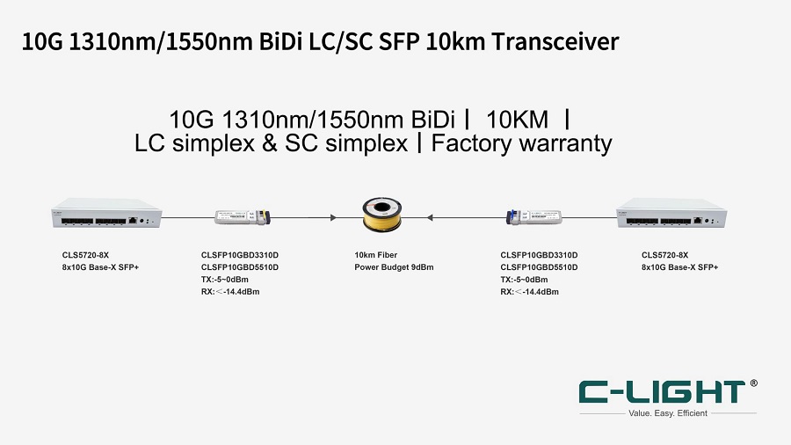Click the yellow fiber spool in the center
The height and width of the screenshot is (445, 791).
382,216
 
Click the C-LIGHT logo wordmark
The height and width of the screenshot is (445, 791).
662,392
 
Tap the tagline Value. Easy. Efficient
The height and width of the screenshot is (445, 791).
668,412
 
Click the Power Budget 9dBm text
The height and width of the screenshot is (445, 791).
394,266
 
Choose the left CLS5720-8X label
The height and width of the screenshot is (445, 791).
79,255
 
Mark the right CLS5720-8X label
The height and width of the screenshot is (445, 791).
664,255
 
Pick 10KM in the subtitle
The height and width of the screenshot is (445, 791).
516,119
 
